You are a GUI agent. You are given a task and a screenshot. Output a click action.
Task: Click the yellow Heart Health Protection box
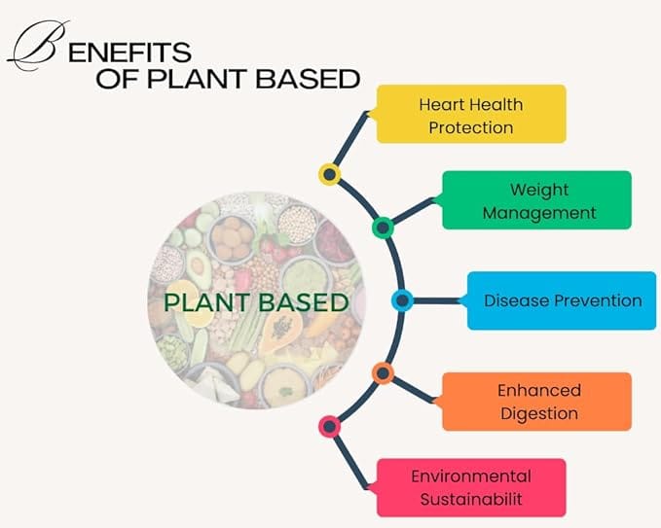tap(471, 114)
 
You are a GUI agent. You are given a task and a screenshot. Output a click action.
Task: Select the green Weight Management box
tap(536, 200)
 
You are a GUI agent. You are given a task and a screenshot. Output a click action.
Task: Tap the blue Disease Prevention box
tap(562, 300)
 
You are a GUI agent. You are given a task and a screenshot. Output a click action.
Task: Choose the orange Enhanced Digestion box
tap(536, 402)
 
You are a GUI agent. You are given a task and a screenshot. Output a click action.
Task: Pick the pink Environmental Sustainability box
tap(471, 487)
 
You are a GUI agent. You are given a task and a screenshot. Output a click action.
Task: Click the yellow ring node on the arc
tap(330, 174)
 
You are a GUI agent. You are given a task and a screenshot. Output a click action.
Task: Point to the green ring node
tap(383, 228)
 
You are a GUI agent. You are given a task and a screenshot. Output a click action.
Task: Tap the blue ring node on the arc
tap(403, 300)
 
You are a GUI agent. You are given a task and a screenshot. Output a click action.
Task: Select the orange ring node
tap(383, 373)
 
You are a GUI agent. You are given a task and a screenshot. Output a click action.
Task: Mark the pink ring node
tap(330, 427)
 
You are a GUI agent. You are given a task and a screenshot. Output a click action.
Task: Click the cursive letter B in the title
tap(37, 46)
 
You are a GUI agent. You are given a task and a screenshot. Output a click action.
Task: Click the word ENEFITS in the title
tap(129, 53)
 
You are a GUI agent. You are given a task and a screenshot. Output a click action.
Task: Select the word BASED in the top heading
tap(308, 79)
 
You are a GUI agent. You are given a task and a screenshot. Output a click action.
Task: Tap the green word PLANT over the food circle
tap(206, 302)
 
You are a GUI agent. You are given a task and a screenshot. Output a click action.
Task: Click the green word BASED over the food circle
tap(304, 302)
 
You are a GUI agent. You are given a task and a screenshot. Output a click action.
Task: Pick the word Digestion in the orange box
tap(539, 413)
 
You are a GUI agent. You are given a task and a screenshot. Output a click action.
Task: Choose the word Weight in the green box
tap(539, 190)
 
